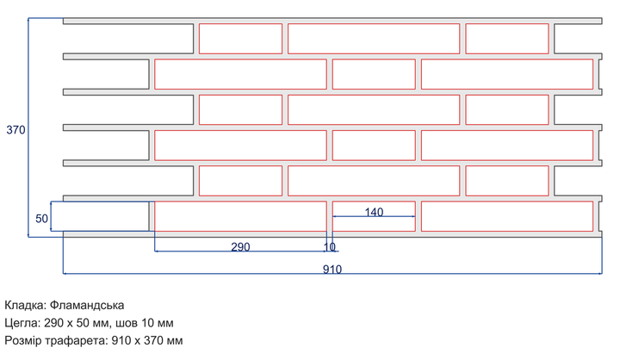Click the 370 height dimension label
tap(15, 130)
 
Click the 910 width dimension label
tap(332, 270)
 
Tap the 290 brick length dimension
tap(240, 247)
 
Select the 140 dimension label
tap(374, 212)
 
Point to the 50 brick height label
tap(41, 219)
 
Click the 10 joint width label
tap(330, 247)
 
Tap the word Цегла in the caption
tap(22, 323)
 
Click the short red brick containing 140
tap(374, 216)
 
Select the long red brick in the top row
tap(374, 39)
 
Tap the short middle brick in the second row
tap(374, 74)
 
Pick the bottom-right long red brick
tap(507, 216)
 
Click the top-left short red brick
tap(240, 39)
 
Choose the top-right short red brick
tap(507, 39)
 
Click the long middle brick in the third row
tap(374, 109)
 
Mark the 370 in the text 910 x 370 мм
tap(155, 340)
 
